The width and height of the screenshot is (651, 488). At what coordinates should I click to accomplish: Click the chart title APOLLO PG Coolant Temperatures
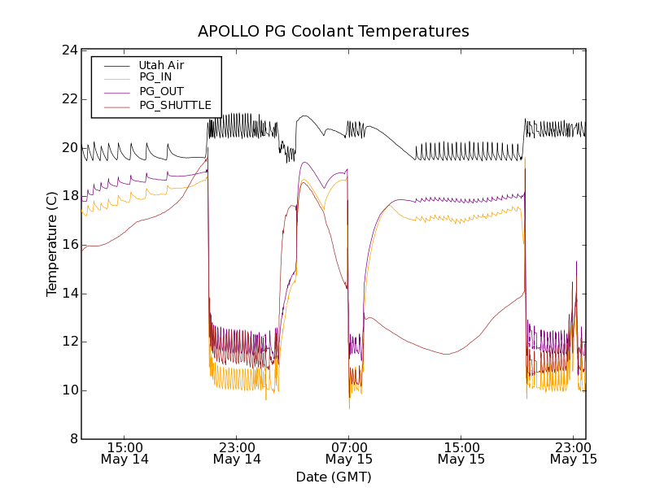334,32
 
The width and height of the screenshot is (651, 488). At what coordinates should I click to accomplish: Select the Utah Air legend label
161,64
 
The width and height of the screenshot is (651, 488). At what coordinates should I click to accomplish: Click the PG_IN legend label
155,77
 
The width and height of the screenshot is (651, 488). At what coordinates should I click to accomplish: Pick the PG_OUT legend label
161,91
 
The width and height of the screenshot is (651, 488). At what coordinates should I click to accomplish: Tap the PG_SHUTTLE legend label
175,105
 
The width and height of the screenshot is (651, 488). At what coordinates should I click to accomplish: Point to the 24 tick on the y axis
69,50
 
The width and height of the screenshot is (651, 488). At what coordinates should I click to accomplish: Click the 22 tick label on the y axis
69,99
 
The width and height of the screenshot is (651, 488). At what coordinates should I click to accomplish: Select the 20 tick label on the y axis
69,148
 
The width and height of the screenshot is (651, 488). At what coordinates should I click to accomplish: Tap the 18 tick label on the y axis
69,196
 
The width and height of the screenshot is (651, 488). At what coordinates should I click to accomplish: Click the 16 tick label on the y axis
69,245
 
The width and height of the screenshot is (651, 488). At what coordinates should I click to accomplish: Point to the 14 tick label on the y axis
69,294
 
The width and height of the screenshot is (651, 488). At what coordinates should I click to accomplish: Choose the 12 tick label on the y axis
69,342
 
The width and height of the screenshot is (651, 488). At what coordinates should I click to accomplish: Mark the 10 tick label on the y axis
69,390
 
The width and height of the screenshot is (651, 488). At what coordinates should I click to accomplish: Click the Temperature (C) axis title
51,244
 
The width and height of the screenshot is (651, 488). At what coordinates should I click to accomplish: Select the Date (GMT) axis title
334,477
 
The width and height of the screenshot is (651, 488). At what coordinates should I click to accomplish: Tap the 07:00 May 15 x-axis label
349,453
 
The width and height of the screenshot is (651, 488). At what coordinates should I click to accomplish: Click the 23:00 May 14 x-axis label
237,453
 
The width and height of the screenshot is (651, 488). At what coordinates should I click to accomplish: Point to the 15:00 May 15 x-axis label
461,453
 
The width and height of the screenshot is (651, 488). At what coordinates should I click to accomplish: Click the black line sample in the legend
116,64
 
